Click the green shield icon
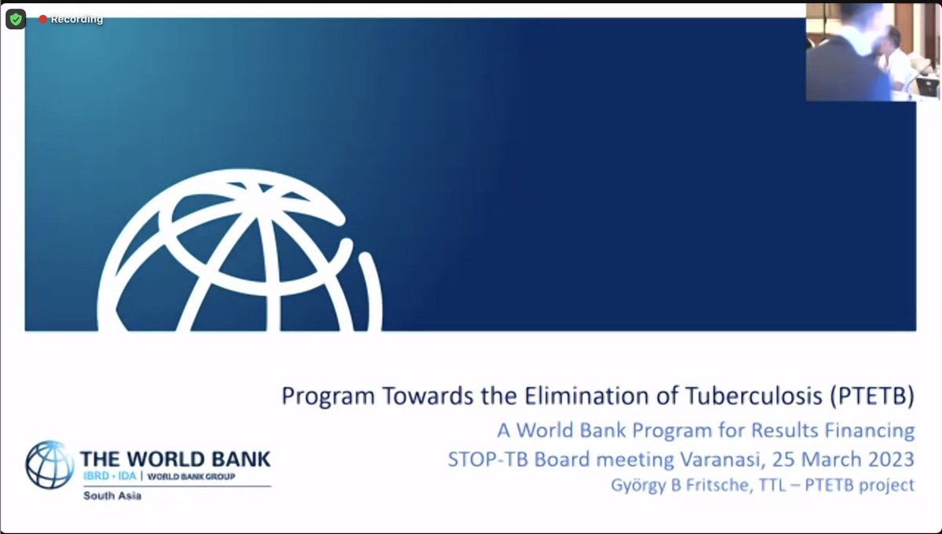click(x=16, y=18)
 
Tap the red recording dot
click(x=43, y=19)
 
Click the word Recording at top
click(x=77, y=19)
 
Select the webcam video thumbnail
click(x=861, y=52)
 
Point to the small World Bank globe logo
click(x=49, y=464)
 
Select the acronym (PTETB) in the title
click(x=871, y=396)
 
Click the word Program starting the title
click(x=328, y=396)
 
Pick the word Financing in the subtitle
click(x=871, y=430)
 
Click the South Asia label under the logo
click(x=111, y=496)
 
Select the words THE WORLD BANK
click(x=175, y=459)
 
